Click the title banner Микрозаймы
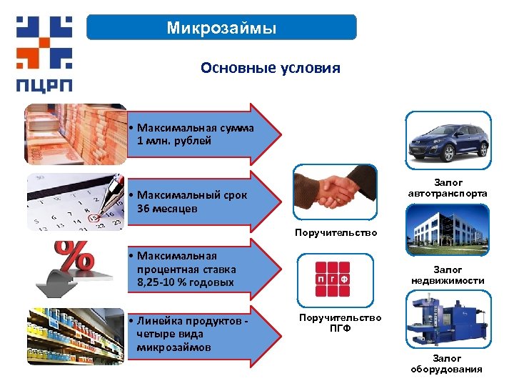point(221,28)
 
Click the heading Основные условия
point(271,68)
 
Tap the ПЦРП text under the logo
point(44,83)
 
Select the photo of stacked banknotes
point(75,134)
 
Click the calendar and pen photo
point(75,202)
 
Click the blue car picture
point(448,140)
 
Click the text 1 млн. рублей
point(174,141)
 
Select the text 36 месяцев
point(167,208)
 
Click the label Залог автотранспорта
point(448,189)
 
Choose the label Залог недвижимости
point(448,275)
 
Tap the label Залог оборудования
point(447,364)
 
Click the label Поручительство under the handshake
point(336,233)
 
